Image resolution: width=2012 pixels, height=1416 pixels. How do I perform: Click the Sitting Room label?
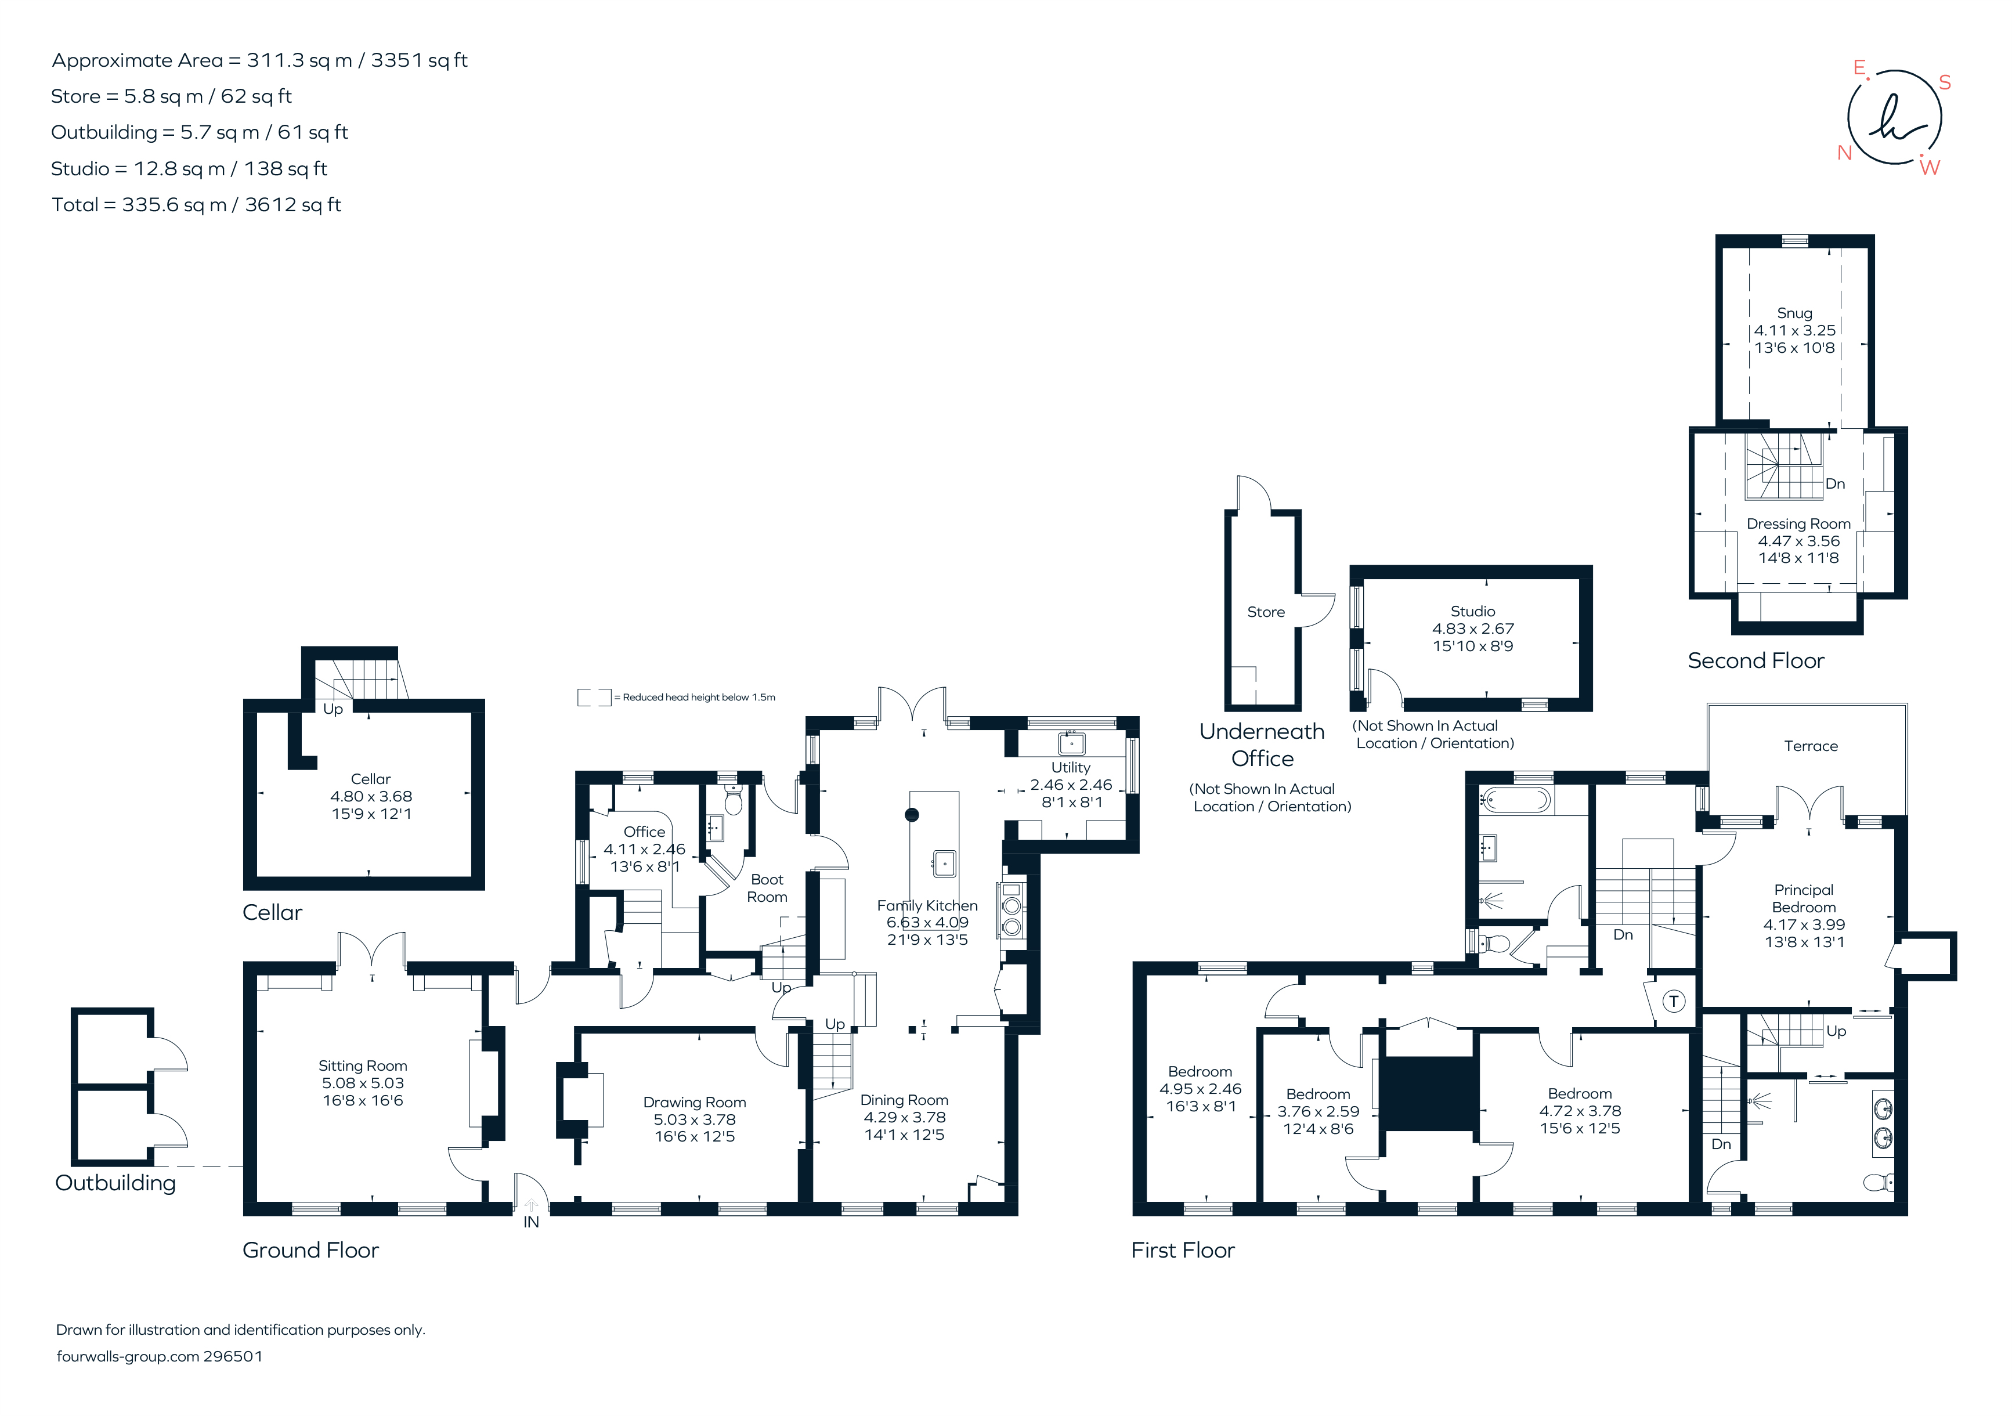[x=363, y=1065]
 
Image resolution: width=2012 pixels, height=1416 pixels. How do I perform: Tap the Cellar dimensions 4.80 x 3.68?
[x=371, y=796]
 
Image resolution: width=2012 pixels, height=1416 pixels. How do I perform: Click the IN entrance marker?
[x=531, y=1222]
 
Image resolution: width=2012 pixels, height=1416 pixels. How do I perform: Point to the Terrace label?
[x=1811, y=746]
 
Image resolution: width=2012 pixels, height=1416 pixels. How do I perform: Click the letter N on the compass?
[x=1845, y=153]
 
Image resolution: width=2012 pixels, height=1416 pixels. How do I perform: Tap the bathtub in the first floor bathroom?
[x=1515, y=800]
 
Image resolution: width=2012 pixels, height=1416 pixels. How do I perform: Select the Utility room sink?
[x=1071, y=743]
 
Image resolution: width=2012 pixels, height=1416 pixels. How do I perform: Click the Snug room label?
[x=1794, y=313]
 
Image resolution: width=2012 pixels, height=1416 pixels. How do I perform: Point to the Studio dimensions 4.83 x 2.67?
[x=1473, y=628]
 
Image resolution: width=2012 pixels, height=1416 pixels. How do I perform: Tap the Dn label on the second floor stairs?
[x=1835, y=483]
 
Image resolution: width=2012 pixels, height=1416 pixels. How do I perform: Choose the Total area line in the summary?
[x=196, y=205]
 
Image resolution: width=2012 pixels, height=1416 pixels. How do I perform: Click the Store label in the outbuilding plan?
[x=1265, y=612]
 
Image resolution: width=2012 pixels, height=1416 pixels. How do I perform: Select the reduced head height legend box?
[x=593, y=698]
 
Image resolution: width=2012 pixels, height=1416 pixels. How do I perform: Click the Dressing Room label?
[x=1798, y=523]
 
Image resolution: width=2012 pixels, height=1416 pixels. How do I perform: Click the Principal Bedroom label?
[x=1804, y=898]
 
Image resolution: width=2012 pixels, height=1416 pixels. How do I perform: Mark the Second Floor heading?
[x=1755, y=660]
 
